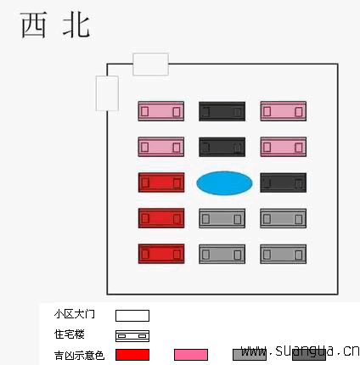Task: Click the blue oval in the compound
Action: pos(224,183)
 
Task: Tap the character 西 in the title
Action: pos(34,25)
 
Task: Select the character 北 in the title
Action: pos(76,25)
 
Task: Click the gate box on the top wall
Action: pos(150,65)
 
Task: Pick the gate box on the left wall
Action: pos(107,93)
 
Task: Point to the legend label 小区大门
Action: pos(75,314)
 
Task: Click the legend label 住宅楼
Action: pos(70,334)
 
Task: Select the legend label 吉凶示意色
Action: pos(79,356)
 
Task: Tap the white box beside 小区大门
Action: pos(132,316)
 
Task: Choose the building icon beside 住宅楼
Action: pos(132,336)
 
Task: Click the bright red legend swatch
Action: pos(132,355)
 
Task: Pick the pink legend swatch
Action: pos(191,355)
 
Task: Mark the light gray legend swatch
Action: pos(250,355)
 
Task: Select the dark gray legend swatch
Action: pos(309,356)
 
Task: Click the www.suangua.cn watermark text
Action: pos(301,351)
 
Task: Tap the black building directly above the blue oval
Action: pos(222,147)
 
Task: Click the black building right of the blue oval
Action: pos(283,182)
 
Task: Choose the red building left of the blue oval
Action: pos(161,182)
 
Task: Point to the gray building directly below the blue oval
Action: pos(222,218)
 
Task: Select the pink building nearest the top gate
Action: pos(161,111)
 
